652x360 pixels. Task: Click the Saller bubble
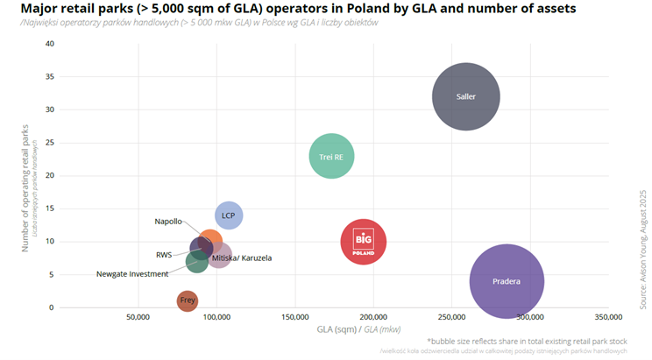(466, 96)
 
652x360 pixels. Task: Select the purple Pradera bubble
(507, 281)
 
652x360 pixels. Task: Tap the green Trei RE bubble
(331, 157)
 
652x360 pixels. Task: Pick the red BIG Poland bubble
(364, 241)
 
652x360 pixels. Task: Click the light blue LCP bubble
(229, 215)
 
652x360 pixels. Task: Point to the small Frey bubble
(188, 301)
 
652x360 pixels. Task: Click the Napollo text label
(168, 222)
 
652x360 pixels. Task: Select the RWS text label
(164, 255)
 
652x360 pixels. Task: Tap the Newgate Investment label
(132, 274)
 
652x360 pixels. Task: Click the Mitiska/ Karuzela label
(243, 258)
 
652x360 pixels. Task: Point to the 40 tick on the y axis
(49, 44)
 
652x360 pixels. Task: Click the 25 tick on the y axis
(49, 143)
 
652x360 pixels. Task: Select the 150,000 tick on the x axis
(294, 316)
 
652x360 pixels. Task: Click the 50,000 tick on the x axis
(138, 316)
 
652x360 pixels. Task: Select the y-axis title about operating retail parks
(25, 187)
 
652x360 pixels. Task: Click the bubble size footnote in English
(527, 341)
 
